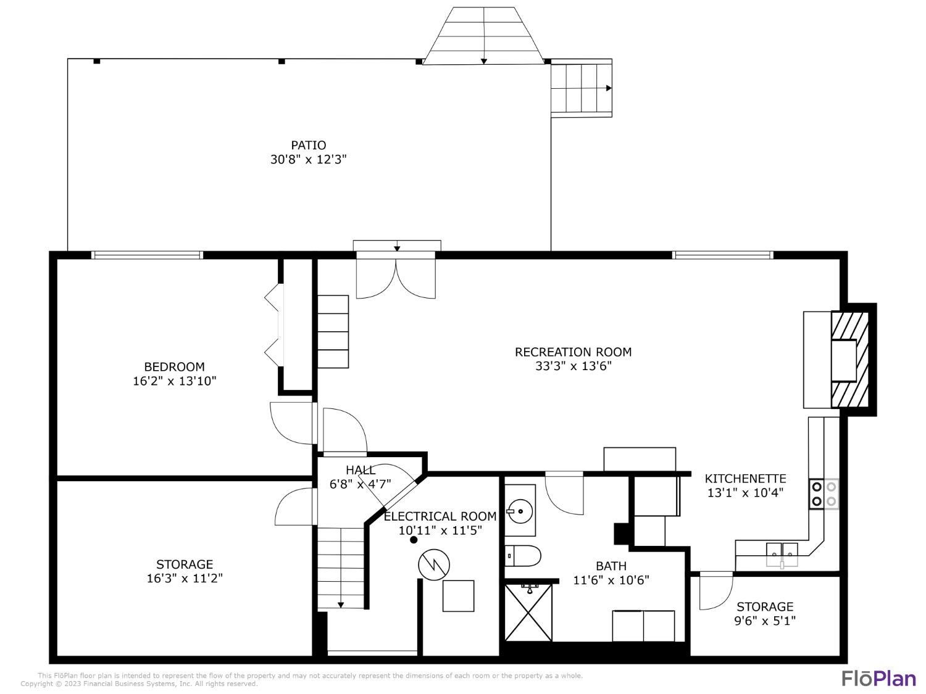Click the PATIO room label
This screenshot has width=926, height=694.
(x=308, y=145)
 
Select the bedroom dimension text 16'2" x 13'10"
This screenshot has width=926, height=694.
(x=175, y=381)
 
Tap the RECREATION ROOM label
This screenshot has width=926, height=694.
(x=573, y=352)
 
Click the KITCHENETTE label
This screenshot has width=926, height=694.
(x=745, y=479)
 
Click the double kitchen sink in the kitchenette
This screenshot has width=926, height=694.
(x=782, y=550)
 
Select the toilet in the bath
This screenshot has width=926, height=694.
(x=523, y=556)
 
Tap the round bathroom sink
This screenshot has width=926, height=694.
(x=518, y=511)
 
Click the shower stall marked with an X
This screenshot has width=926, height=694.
(x=528, y=612)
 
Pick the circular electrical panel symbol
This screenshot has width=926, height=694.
(x=434, y=564)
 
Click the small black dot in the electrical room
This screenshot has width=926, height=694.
(x=414, y=540)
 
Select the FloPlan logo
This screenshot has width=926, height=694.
(x=879, y=678)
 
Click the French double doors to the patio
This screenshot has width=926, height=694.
(x=396, y=276)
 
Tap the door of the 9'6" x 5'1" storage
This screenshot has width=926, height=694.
(x=714, y=591)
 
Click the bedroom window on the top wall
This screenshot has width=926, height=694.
(x=147, y=255)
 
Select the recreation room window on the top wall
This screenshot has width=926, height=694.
(x=722, y=255)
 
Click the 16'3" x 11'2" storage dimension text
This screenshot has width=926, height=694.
(x=184, y=579)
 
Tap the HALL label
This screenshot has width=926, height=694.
(x=361, y=470)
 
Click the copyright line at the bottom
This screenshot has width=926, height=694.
(x=139, y=684)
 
